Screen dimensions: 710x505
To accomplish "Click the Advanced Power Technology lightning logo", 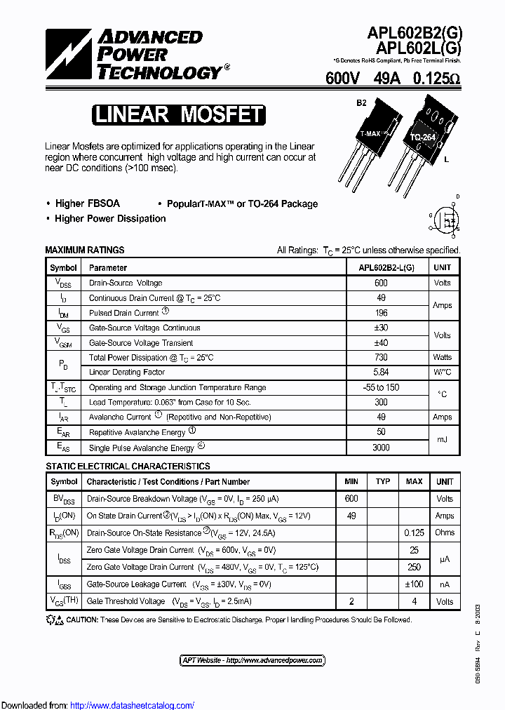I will pos(69,53).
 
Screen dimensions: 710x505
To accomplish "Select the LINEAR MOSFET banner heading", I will pos(179,115).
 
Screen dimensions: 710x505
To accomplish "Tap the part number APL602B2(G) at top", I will pos(415,34).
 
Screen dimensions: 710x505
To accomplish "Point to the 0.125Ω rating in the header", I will pos(436,79).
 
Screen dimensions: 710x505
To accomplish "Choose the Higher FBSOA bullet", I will pos(87,203).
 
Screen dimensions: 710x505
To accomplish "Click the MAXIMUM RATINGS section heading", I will pos(85,250).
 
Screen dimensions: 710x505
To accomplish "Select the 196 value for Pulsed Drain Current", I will pos(381,313).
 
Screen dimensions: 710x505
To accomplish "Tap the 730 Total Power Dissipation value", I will pos(381,358).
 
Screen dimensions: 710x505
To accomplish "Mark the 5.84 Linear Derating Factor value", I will pos(381,373).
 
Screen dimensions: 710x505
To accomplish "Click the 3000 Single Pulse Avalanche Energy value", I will pos(381,447).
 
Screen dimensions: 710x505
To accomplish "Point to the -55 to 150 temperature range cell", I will pos(381,387).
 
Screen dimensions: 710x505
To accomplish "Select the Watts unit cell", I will pos(443,358).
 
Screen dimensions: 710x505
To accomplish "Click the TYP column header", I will pos(382,482).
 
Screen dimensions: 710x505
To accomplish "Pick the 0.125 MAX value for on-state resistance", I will pos(414,532).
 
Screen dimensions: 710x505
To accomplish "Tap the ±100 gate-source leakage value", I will pos(414,584).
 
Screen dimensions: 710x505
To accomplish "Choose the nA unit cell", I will pos(445,584).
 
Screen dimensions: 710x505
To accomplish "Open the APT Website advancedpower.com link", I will pos(252,660).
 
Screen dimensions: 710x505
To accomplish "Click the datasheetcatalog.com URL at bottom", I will pos(133,705).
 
